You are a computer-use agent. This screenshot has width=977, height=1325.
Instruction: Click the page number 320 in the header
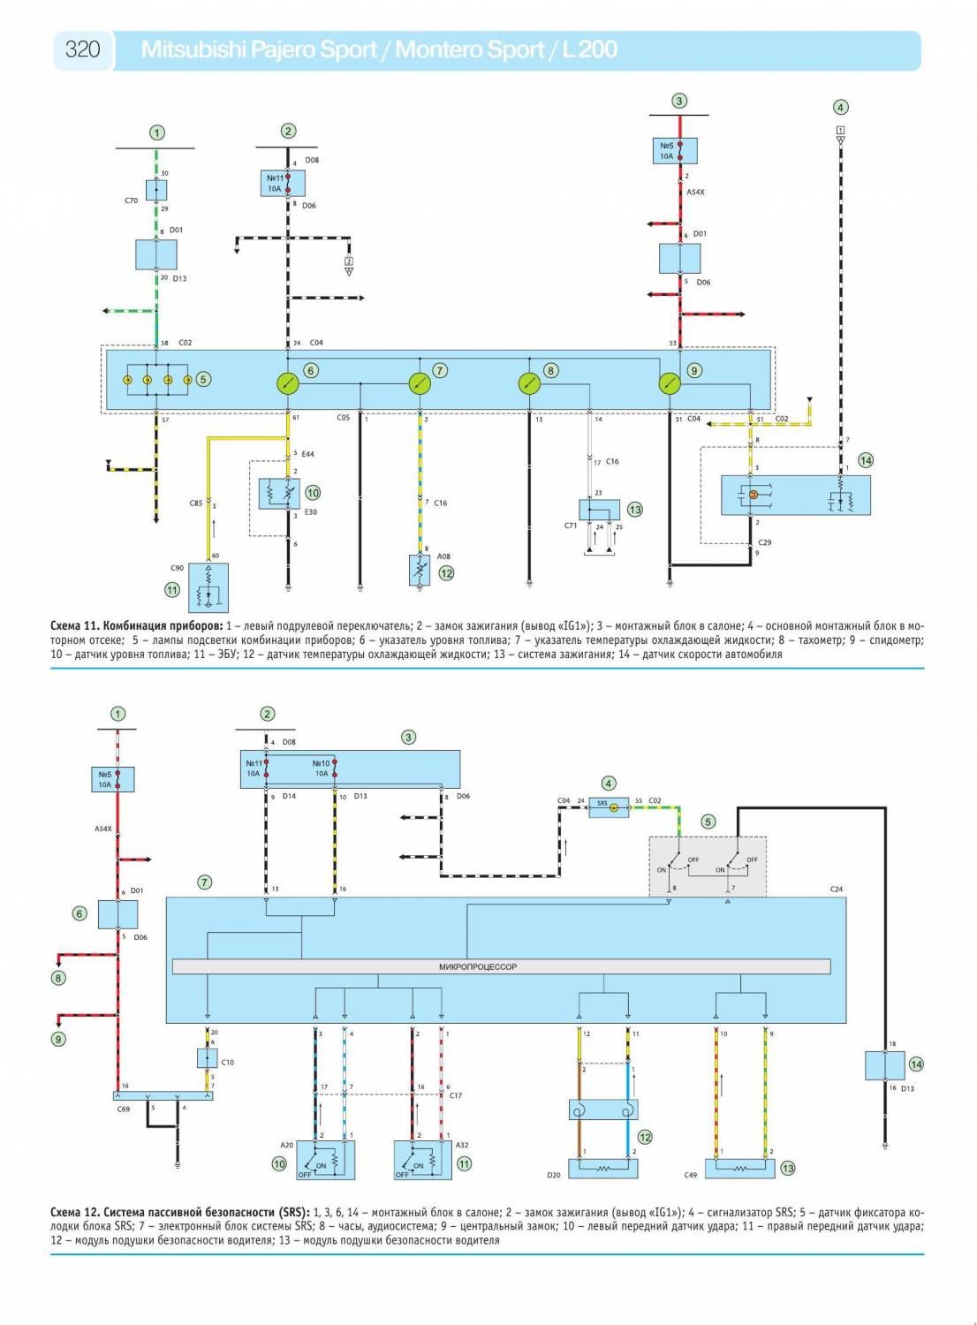tap(82, 49)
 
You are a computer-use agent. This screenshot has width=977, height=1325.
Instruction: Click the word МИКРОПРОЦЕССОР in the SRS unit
tap(478, 967)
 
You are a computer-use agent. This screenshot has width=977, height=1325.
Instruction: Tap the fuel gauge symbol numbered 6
tap(288, 382)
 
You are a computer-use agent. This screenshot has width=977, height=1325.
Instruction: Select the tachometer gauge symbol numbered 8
tap(528, 382)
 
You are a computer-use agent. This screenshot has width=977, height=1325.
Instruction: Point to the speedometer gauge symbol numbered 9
tap(670, 382)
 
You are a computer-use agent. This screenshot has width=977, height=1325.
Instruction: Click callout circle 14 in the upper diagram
tap(866, 460)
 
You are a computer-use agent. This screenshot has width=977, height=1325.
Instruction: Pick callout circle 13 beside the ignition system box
tap(634, 510)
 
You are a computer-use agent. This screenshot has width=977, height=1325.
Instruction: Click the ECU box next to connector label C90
tap(208, 587)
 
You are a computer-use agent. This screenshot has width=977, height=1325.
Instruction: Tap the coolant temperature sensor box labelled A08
tap(420, 571)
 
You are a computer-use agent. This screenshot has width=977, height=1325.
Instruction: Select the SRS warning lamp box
tap(609, 806)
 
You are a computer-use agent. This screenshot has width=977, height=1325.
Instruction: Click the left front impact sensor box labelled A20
tap(324, 1160)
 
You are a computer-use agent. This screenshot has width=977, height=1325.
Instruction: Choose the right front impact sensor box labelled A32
tap(423, 1160)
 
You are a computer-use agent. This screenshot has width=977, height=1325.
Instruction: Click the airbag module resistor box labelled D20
tap(602, 1168)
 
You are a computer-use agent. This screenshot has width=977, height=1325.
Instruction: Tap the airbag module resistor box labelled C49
tap(740, 1168)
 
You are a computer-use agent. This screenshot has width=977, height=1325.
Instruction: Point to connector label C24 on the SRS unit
tap(836, 890)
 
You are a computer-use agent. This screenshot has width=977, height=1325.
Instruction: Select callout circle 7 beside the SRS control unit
tap(205, 882)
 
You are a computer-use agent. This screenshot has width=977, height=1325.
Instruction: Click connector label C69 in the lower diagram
tap(124, 1109)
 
